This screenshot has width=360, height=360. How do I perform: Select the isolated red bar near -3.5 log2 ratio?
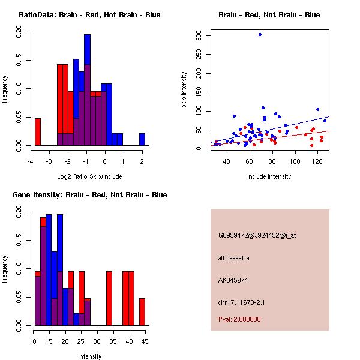point(38,131)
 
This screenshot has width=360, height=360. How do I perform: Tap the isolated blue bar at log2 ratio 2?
point(142,139)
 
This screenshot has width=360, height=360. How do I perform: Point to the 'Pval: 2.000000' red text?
point(239,319)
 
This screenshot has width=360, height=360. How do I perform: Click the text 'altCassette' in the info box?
point(233,258)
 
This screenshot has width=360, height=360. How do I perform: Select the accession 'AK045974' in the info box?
point(233,280)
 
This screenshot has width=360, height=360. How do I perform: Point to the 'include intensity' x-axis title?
point(269,176)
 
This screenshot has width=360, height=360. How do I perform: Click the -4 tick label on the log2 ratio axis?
point(31,161)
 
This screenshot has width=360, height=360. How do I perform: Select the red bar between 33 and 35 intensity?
point(110,298)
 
